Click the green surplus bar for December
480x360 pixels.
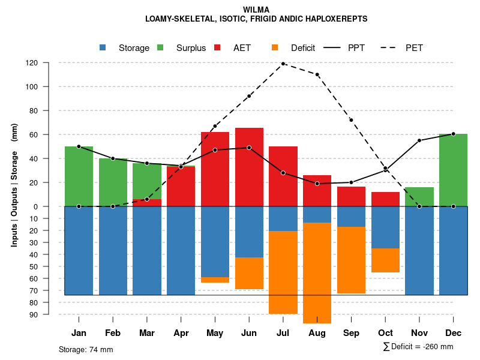[x=453, y=170]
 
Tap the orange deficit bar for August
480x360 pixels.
[x=317, y=273]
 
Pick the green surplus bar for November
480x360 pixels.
[x=419, y=197]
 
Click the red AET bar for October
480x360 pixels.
[x=385, y=199]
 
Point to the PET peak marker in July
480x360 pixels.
[x=283, y=64]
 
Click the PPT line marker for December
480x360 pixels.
[x=453, y=134]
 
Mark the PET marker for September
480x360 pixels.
[x=351, y=120]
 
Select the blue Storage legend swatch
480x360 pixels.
[x=103, y=48]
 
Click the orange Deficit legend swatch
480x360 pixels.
[x=275, y=48]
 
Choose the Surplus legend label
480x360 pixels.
[x=191, y=48]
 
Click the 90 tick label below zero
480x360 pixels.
[x=34, y=314]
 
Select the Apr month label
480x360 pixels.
[x=181, y=333]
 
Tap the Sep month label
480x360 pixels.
[x=351, y=333]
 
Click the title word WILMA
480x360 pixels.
[x=256, y=10]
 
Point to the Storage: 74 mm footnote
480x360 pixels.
[x=86, y=349]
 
